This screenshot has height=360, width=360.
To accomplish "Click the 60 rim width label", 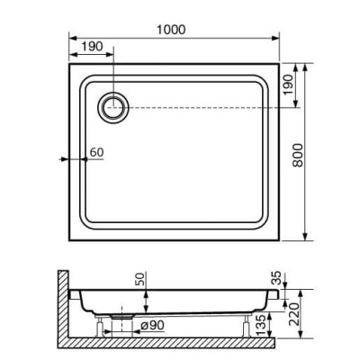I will coord(97,152).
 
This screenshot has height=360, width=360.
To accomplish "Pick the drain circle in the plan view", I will coord(114,107).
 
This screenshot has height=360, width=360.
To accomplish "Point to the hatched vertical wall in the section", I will coord(62,306).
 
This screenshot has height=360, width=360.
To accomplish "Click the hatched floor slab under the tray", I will coord(180,346).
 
